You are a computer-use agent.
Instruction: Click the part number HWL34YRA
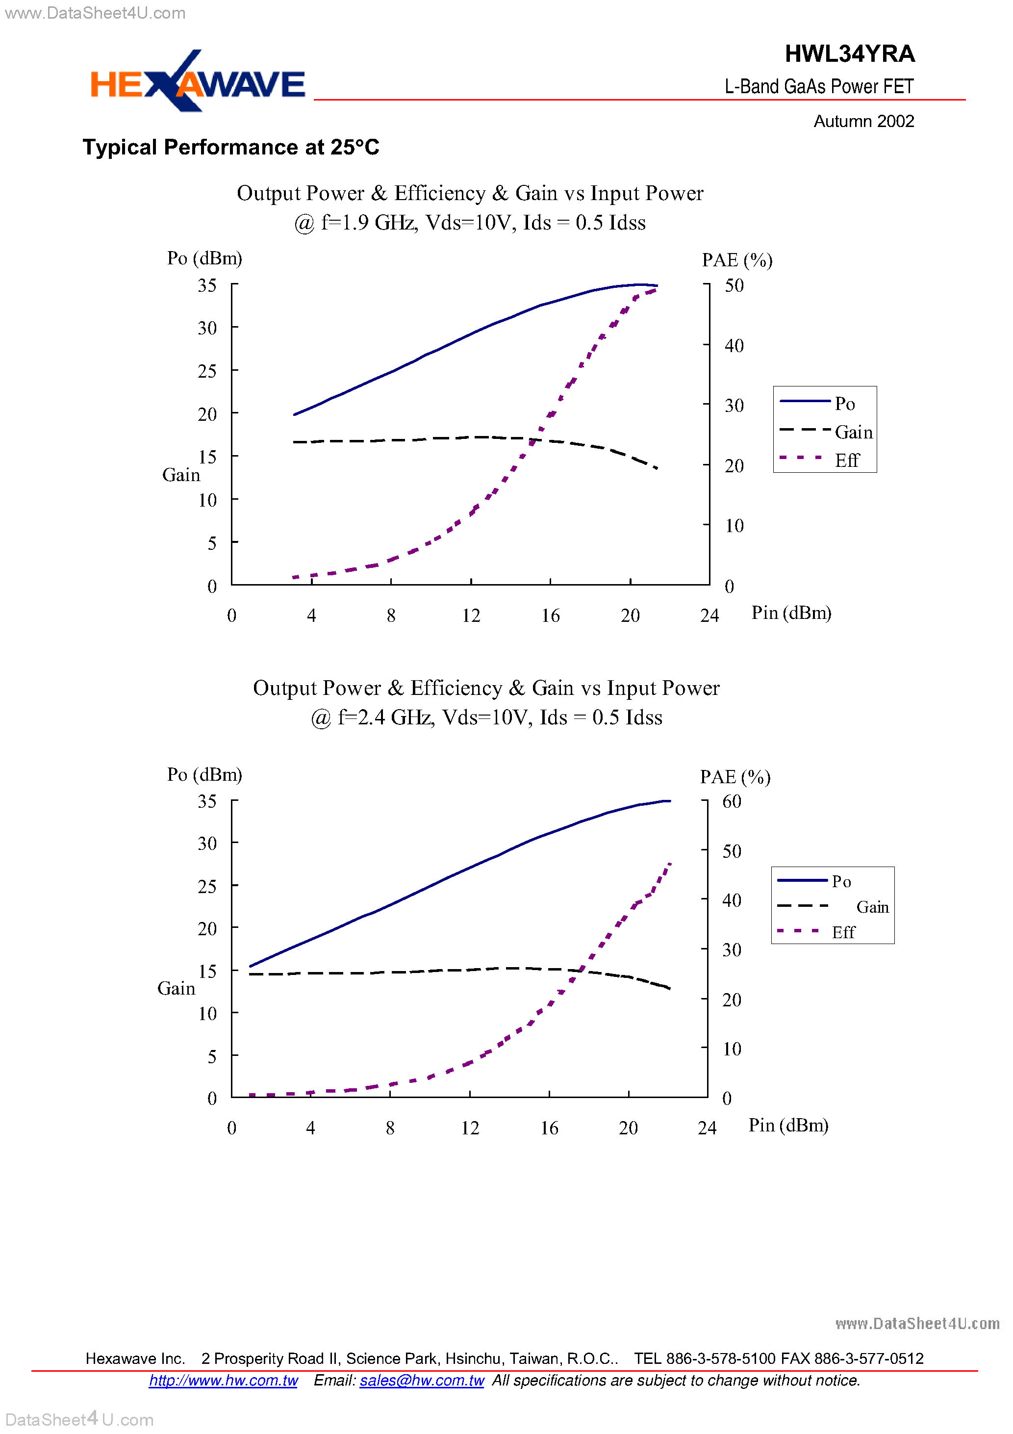coord(849,54)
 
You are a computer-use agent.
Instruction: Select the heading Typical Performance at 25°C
coord(230,148)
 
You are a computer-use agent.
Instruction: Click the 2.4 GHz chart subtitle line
coord(486,717)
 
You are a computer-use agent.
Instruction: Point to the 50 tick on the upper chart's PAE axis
coord(734,285)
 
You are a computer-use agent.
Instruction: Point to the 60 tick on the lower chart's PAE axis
coord(732,801)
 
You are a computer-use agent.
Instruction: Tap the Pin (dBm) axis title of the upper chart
coord(791,613)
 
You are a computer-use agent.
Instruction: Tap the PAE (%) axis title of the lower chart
coord(735,777)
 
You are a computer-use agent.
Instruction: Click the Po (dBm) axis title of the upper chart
coord(204,258)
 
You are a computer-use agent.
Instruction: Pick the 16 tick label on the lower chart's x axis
coord(549,1128)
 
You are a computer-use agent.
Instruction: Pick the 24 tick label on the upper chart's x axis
coord(709,616)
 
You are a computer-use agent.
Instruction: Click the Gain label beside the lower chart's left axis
coord(176,988)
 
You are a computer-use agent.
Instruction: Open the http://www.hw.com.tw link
coord(223,1380)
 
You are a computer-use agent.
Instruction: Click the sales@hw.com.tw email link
coord(422,1380)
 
